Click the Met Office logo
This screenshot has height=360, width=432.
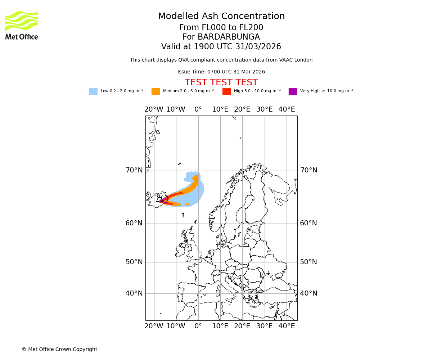pyautogui.click(x=22, y=25)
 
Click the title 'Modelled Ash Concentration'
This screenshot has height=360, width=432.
pyautogui.click(x=221, y=17)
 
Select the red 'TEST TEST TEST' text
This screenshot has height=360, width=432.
pyautogui.click(x=221, y=83)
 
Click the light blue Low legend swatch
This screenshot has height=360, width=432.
pyautogui.click(x=93, y=91)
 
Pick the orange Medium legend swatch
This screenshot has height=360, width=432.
pyautogui.click(x=156, y=91)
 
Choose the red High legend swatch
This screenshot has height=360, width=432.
pyautogui.click(x=226, y=91)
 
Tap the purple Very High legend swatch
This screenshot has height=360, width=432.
pyautogui.click(x=293, y=91)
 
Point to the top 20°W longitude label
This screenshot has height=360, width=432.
pyautogui.click(x=154, y=109)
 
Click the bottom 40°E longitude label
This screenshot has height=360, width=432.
pyautogui.click(x=287, y=326)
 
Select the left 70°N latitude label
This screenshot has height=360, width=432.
pyautogui.click(x=134, y=170)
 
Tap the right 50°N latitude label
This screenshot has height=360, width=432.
pyautogui.click(x=309, y=262)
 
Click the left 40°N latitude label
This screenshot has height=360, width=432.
pyautogui.click(x=134, y=293)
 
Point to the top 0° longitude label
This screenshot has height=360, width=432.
pyautogui.click(x=198, y=109)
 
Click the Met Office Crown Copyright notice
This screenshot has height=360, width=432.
pyautogui.click(x=59, y=350)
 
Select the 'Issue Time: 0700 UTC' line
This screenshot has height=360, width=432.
pyautogui.click(x=221, y=72)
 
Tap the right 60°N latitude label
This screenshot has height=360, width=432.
pyautogui.click(x=309, y=223)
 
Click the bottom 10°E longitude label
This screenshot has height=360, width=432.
pyautogui.click(x=220, y=326)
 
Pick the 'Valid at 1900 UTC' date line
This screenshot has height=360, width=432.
pyautogui.click(x=221, y=47)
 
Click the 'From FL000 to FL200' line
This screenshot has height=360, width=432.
pyautogui.click(x=221, y=28)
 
